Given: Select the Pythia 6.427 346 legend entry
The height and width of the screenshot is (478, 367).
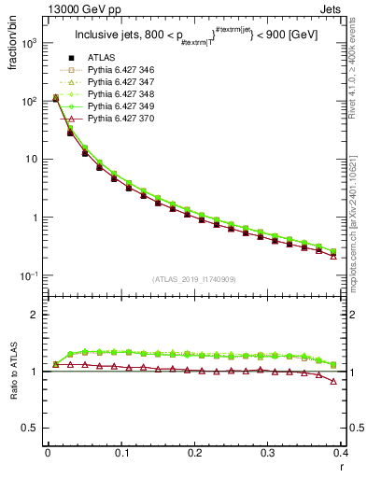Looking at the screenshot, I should (x=117, y=71).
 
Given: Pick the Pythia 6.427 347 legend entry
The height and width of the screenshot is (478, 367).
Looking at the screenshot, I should (x=117, y=83).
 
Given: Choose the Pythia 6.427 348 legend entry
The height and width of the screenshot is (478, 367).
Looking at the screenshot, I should (x=117, y=95).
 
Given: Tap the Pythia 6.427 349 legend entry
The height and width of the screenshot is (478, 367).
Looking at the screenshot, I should (x=117, y=107).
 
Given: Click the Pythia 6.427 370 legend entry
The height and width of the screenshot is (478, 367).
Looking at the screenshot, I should (x=117, y=119).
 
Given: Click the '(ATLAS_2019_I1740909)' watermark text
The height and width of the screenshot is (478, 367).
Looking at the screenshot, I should (x=194, y=278).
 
